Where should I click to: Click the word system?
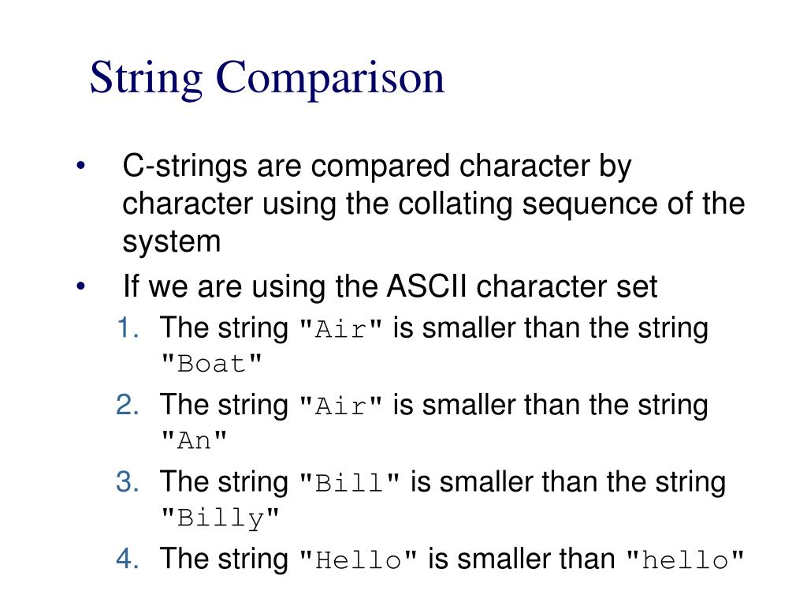click(x=172, y=241)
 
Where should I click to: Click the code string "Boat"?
click(x=211, y=365)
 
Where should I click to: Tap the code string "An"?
click(x=194, y=442)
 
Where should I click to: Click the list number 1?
click(x=128, y=327)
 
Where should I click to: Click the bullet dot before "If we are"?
click(x=81, y=287)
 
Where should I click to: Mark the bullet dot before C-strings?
click(x=81, y=168)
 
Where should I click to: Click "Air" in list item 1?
click(x=342, y=328)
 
